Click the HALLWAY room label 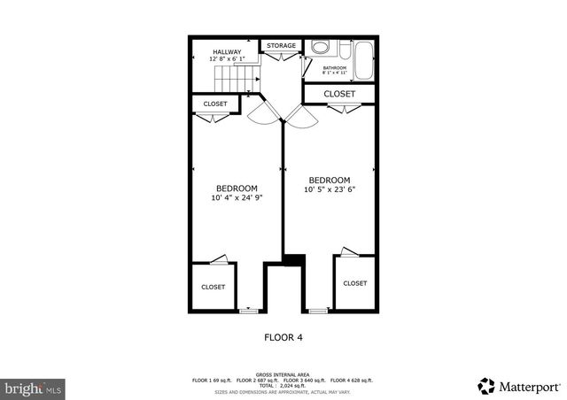[x=226, y=51]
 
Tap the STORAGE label [x=282, y=45]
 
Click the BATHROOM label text [x=334, y=67]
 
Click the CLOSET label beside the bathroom [x=339, y=94]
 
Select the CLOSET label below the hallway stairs [x=215, y=104]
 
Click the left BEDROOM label [x=237, y=188]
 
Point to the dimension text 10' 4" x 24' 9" [x=237, y=197]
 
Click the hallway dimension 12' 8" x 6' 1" [x=226, y=59]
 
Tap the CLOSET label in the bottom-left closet [x=213, y=287]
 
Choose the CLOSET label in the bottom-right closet [x=354, y=283]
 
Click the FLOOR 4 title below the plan [x=283, y=336]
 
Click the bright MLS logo [x=34, y=388]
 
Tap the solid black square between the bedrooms [x=292, y=259]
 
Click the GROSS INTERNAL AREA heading [x=283, y=374]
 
